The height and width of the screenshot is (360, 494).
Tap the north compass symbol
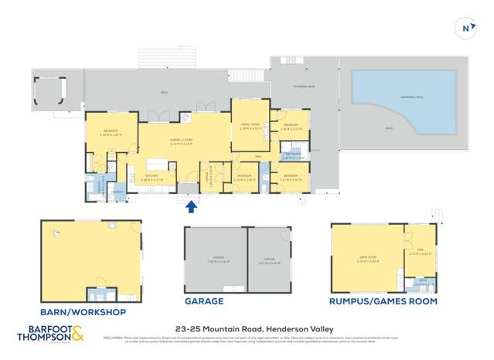pyautogui.click(x=467, y=29)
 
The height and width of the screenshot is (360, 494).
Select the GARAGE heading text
pyautogui.click(x=203, y=301)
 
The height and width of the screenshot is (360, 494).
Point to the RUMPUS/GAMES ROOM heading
pyautogui.click(x=383, y=301)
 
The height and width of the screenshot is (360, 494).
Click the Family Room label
pyautogui.click(x=250, y=127)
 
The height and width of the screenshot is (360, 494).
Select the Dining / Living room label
pyautogui.click(x=182, y=141)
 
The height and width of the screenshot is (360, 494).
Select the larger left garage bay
pyautogui.click(x=214, y=260)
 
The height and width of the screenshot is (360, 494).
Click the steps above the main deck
pyautogui.click(x=152, y=58)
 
